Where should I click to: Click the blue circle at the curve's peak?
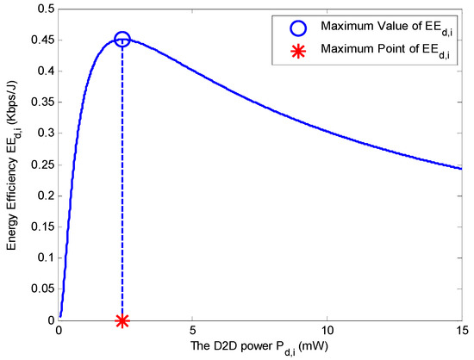click(122, 40)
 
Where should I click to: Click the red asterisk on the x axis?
click(122, 320)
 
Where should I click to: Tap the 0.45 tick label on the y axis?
click(41, 40)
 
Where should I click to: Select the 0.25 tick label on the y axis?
click(41, 164)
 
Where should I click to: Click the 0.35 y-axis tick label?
click(41, 102)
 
